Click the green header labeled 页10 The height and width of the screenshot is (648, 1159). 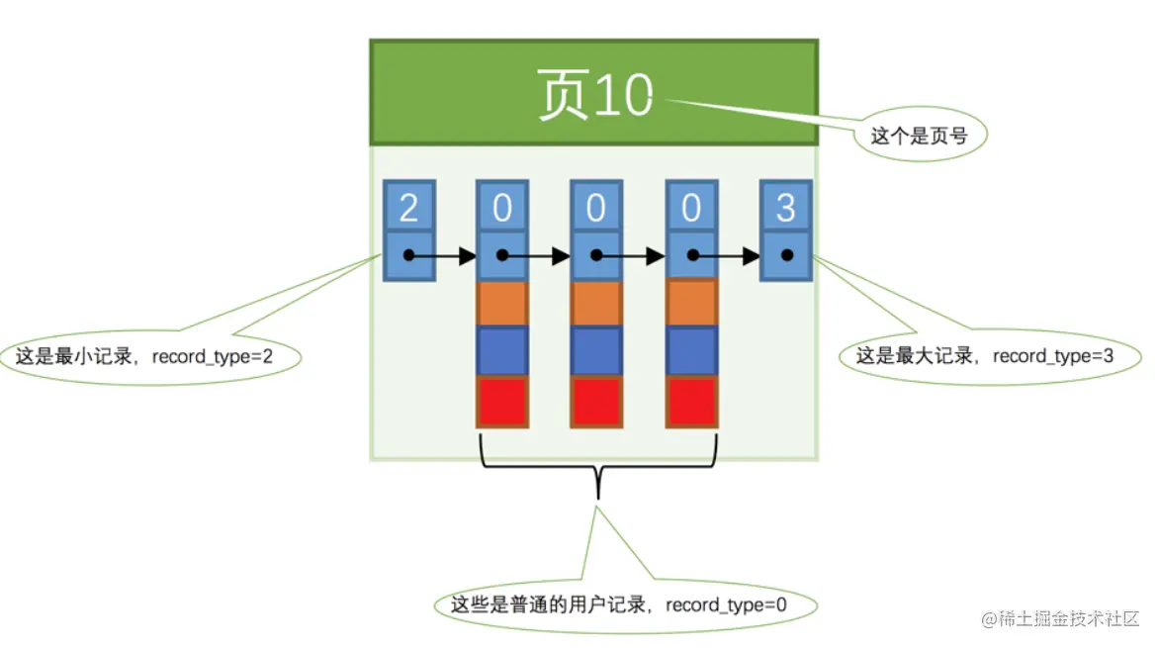click(593, 94)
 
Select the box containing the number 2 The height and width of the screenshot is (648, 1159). click(407, 208)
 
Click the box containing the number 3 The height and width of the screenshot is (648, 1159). click(786, 208)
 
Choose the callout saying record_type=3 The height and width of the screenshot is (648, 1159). click(984, 356)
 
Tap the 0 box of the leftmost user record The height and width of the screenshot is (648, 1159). click(502, 208)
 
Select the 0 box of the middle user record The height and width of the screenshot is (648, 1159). click(596, 208)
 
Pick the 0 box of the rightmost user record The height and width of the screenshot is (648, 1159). click(691, 208)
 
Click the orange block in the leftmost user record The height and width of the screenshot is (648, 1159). click(502, 304)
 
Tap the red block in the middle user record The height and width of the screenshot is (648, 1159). click(596, 401)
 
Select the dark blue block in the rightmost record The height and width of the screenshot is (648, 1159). click(691, 351)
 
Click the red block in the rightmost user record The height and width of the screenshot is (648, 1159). click(691, 401)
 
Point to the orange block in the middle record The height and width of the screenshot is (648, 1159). click(596, 304)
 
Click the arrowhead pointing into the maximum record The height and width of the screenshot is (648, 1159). click(751, 256)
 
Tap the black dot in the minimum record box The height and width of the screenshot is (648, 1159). click(407, 255)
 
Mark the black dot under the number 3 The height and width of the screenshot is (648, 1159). click(786, 255)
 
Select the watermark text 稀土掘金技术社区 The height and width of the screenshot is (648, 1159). click(1069, 618)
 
